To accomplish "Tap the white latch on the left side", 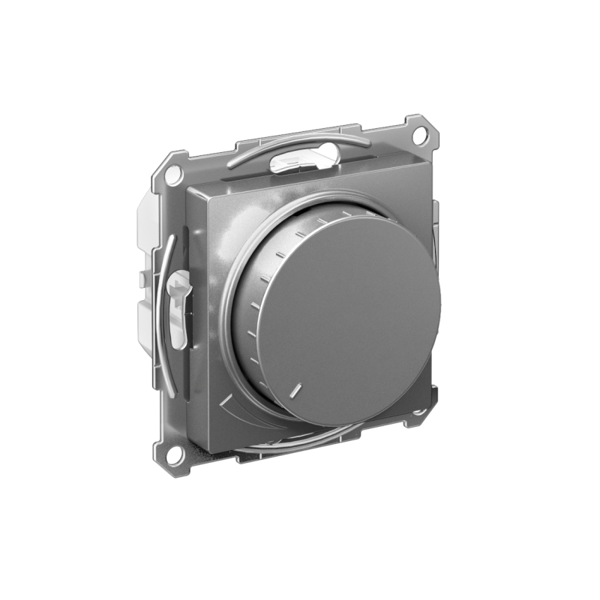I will [x=178, y=307].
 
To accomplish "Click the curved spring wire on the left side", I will [x=166, y=315].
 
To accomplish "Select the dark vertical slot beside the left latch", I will [x=187, y=315].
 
